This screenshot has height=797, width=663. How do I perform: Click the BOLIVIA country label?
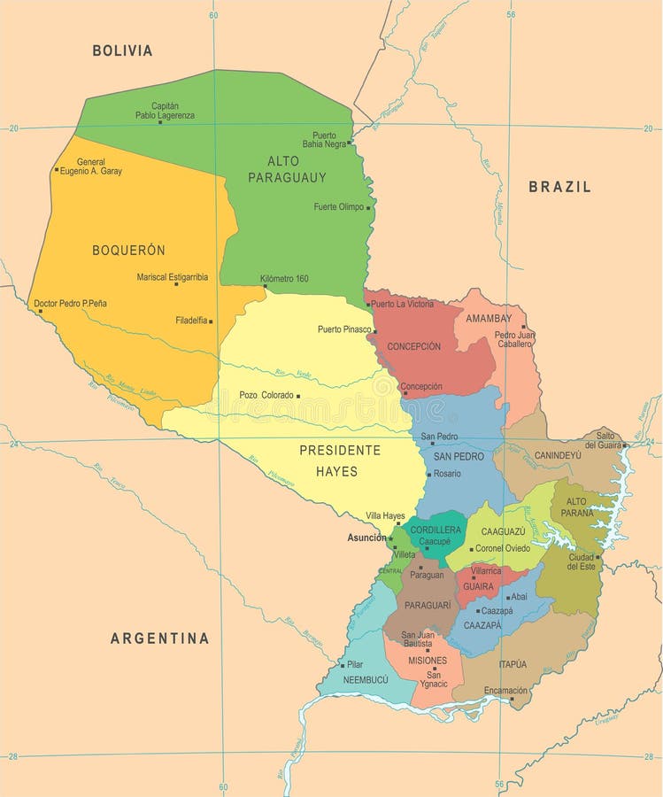pyautogui.click(x=122, y=50)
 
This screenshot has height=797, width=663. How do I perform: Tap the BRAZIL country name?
pyautogui.click(x=559, y=187)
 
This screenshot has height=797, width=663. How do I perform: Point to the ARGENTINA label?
pyautogui.click(x=159, y=638)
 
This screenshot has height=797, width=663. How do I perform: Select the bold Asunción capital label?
pyautogui.click(x=366, y=538)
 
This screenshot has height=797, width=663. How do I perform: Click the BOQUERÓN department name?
pyautogui.click(x=128, y=251)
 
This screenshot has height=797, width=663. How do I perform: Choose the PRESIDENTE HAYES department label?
pyautogui.click(x=339, y=460)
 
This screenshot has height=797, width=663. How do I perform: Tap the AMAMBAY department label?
pyautogui.click(x=489, y=318)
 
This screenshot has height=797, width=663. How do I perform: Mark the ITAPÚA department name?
pyautogui.click(x=513, y=664)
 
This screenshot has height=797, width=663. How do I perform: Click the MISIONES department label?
pyautogui.click(x=427, y=661)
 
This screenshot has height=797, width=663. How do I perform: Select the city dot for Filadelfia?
pyautogui.click(x=211, y=321)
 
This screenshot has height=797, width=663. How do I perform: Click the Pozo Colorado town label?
pyautogui.click(x=266, y=395)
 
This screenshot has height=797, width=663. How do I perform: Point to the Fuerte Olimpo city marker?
pyautogui.click(x=368, y=208)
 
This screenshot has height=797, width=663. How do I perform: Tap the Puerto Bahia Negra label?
pyautogui.click(x=324, y=140)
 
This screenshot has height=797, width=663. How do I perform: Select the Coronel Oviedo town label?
pyautogui.click(x=502, y=548)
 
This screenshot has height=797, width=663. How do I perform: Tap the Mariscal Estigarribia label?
pyautogui.click(x=172, y=277)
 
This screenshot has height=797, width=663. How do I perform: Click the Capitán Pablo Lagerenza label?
pyautogui.click(x=165, y=111)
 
